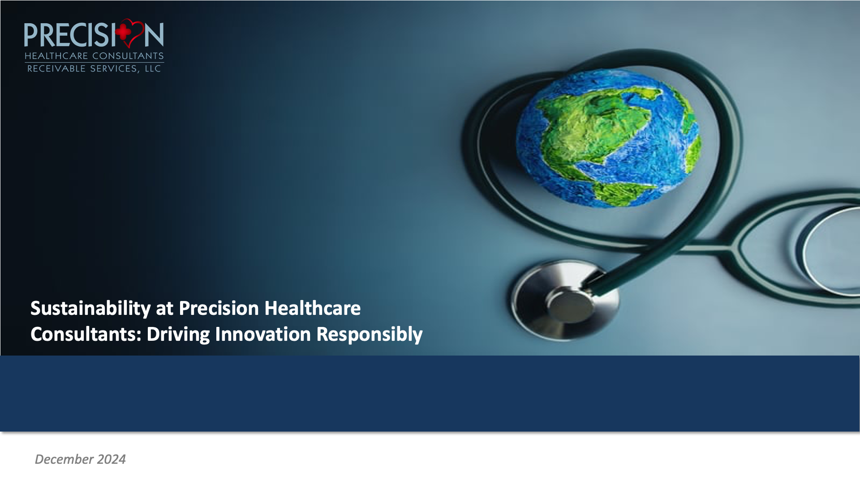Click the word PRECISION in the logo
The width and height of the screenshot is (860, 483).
click(x=94, y=34)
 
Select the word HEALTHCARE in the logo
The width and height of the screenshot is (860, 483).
click(x=56, y=56)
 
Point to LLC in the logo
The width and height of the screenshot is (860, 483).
click(x=153, y=68)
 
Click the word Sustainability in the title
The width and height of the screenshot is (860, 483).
click(x=90, y=309)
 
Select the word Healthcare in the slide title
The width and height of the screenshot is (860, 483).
click(x=313, y=308)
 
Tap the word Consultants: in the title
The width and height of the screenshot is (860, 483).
click(x=86, y=334)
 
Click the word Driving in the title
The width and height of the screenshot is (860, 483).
click(x=178, y=335)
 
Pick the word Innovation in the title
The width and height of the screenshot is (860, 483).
click(x=263, y=334)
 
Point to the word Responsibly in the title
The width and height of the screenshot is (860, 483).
click(x=370, y=335)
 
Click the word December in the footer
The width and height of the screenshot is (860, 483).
click(x=64, y=459)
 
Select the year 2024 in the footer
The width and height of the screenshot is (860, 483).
click(x=112, y=459)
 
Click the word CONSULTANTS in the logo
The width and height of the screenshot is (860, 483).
click(x=128, y=56)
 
